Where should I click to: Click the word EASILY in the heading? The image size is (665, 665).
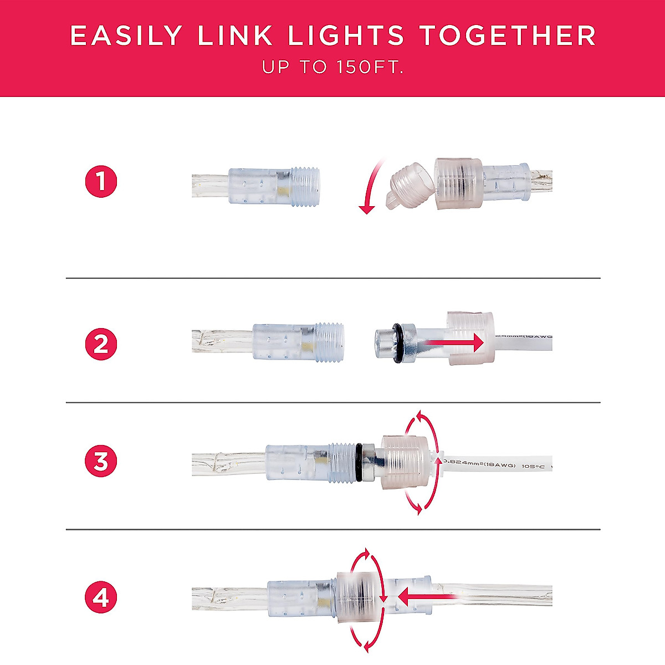[126, 36]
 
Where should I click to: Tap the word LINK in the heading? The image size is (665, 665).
[235, 36]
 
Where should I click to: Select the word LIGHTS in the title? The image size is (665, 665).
[346, 36]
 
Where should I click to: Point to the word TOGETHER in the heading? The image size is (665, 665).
[507, 36]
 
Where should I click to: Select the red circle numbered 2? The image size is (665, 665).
[101, 344]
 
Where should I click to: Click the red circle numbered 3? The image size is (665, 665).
[101, 461]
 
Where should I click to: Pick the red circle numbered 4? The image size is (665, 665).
[101, 598]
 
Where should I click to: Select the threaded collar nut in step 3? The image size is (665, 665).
[405, 462]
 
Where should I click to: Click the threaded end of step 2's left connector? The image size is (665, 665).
[330, 342]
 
